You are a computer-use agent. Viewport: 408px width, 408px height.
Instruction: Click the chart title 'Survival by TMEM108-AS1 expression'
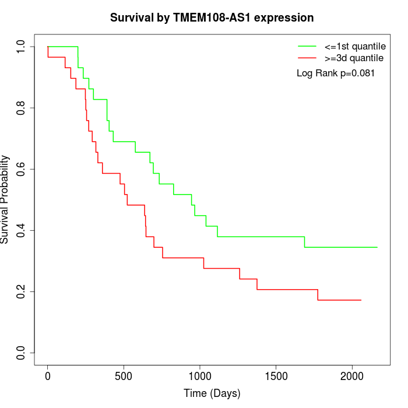(212, 18)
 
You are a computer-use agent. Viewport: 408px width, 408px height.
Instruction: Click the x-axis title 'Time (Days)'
(212, 393)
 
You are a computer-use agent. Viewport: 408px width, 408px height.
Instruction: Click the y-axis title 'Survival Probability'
(6, 199)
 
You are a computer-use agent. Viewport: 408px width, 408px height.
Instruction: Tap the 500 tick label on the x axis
(124, 376)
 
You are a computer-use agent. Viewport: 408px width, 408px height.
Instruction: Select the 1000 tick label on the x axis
(200, 376)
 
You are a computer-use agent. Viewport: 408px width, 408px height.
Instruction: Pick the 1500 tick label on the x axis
(276, 376)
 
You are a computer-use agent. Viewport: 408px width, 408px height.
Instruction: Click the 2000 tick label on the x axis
(351, 376)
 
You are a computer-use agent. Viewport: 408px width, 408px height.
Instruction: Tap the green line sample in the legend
(307, 45)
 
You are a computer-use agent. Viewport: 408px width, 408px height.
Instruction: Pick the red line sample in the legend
(307, 58)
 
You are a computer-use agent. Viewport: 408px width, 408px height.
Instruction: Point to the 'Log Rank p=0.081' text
(336, 73)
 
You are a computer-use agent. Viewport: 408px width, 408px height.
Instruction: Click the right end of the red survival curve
(361, 300)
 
